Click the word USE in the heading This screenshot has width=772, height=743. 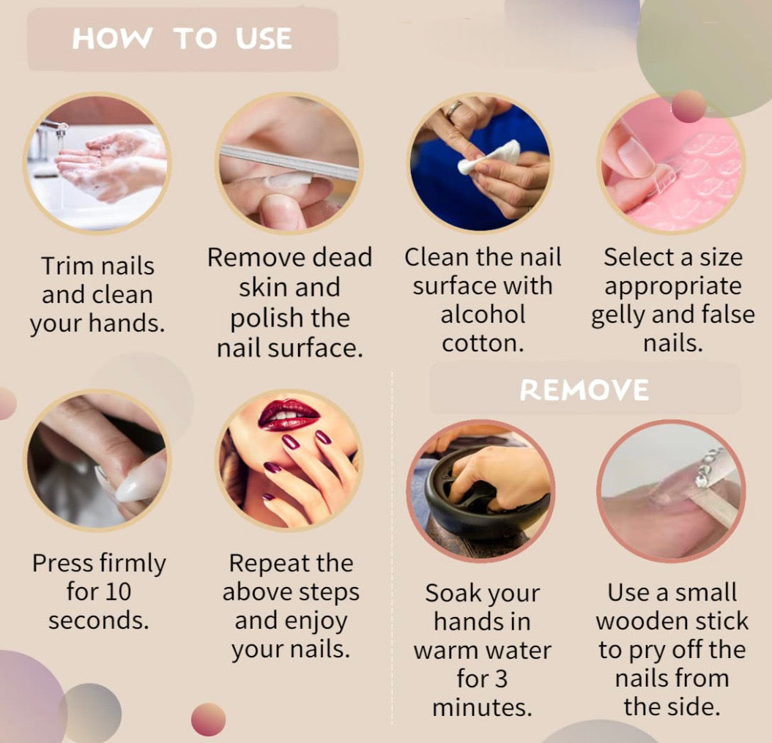[x=264, y=38]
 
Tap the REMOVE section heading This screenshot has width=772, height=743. [x=584, y=389]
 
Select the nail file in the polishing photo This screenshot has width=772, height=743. [x=289, y=163]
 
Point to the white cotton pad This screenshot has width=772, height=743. [x=489, y=157]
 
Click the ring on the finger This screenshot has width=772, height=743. [x=453, y=108]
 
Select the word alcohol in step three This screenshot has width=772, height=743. [x=483, y=315]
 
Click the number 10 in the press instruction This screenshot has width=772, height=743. [x=118, y=591]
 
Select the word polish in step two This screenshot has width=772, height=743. [x=267, y=319]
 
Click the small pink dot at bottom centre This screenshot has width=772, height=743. [x=208, y=720]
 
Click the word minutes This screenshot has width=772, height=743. [x=483, y=708]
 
